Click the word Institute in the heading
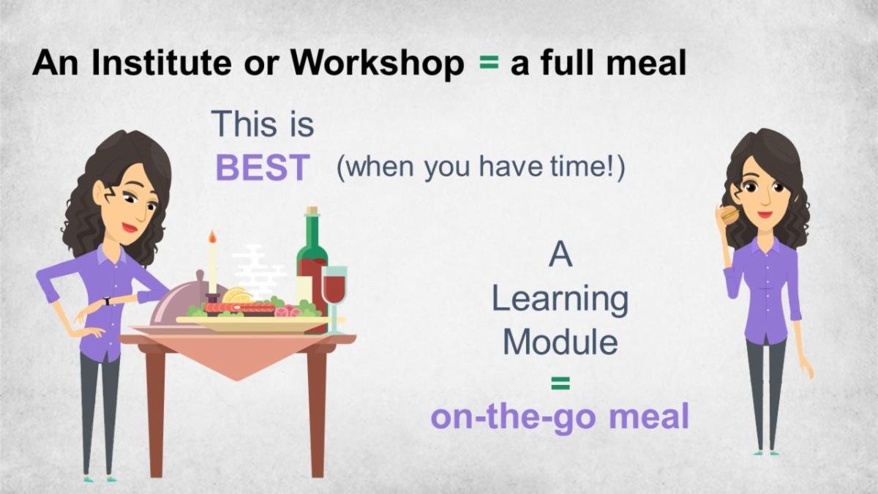point(161,63)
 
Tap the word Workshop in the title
point(377,64)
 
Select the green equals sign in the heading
point(489,62)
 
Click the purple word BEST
point(263,168)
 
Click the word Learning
point(560,301)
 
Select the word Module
point(560,342)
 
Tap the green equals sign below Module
point(560,383)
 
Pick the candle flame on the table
point(212,236)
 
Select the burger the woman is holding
point(729,216)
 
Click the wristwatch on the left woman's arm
point(107,301)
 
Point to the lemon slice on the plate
point(237,296)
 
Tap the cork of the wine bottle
point(312,211)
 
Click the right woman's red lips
point(765,214)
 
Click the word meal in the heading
point(646,63)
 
